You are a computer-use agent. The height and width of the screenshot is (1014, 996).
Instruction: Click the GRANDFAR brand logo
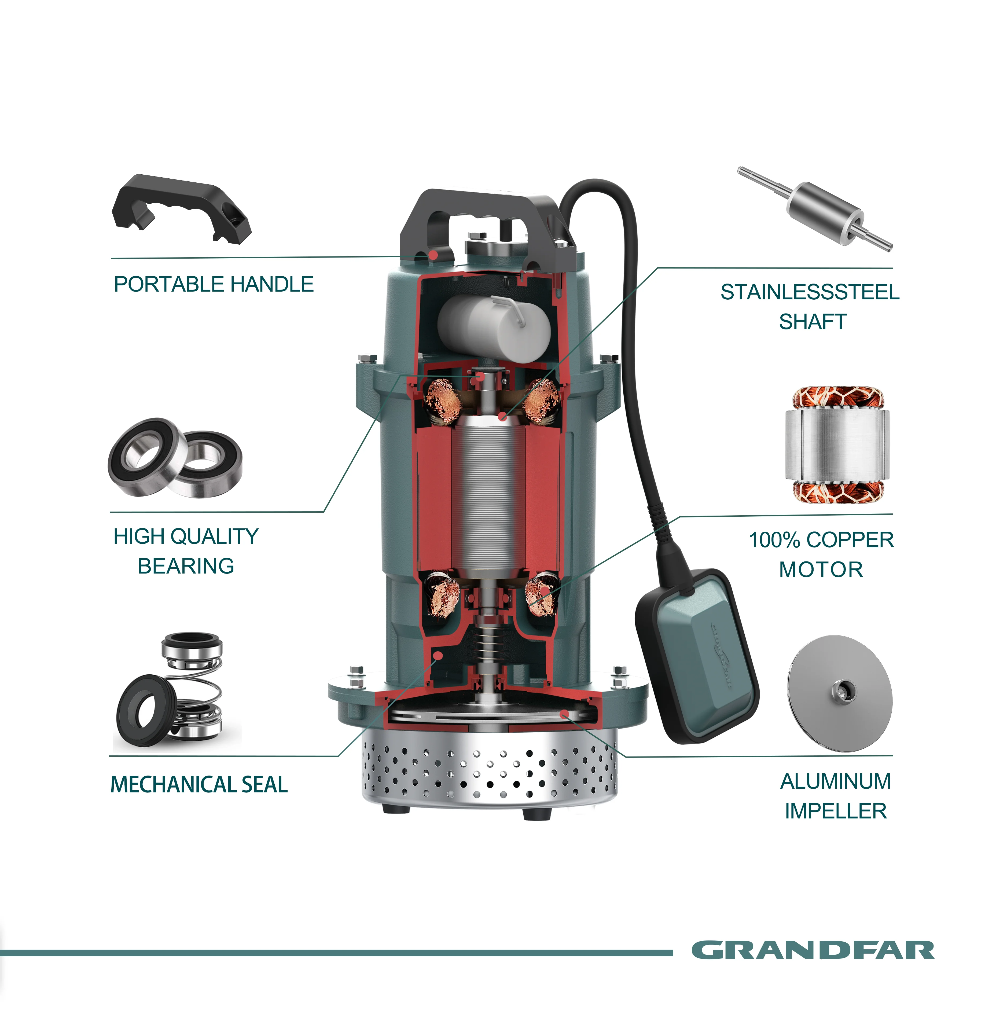coord(813,950)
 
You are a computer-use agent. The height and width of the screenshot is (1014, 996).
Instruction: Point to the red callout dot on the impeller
coord(563,714)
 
